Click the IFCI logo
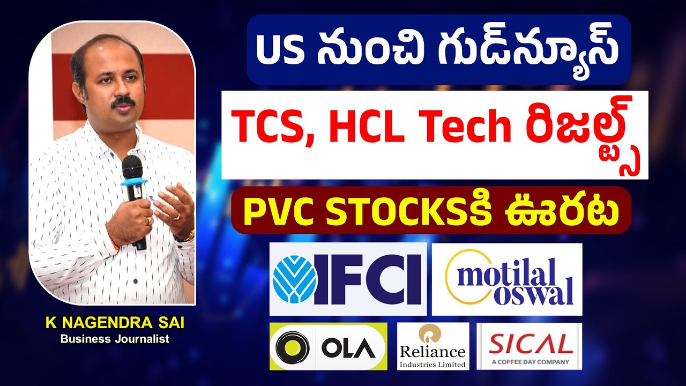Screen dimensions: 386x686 coord(348,279)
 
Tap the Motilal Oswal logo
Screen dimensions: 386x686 coord(506,279)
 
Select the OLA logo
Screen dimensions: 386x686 coord(328,346)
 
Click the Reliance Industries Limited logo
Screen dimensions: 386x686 coord(433,346)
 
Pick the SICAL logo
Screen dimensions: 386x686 coord(529,346)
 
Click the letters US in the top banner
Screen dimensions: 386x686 coord(277,49)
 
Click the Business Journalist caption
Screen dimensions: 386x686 coord(115,339)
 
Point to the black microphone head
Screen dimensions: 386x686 coord(131,167)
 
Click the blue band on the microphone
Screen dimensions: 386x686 coord(132,183)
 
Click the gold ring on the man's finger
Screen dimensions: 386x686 coord(177,217)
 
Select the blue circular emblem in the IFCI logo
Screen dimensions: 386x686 coord(295,280)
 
